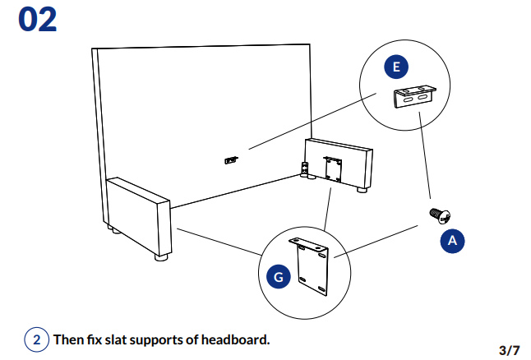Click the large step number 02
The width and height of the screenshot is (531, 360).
(x=38, y=20)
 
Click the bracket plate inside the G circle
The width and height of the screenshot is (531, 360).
(x=311, y=265)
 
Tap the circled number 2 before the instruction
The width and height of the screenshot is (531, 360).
(x=35, y=339)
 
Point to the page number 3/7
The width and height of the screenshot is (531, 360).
(x=509, y=350)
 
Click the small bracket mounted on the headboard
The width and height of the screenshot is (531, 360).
(x=232, y=158)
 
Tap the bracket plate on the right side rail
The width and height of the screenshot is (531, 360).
(x=333, y=169)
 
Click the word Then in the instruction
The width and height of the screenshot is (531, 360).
(x=69, y=339)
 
